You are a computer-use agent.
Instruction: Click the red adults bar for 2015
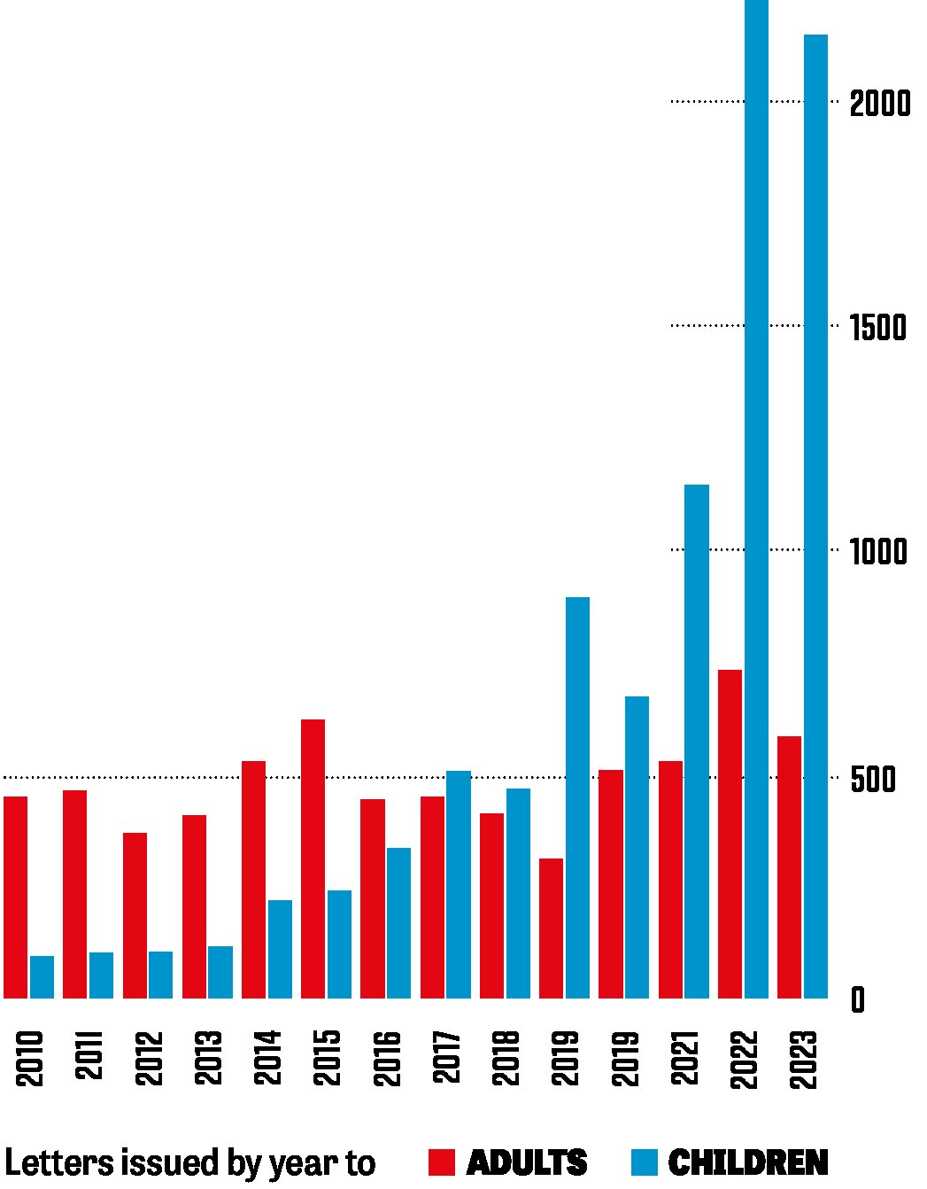coord(313,859)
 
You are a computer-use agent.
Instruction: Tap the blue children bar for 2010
coord(42,976)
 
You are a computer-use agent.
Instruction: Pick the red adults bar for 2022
coord(730,834)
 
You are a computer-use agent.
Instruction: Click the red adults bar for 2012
coord(135,915)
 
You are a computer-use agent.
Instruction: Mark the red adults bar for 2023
coord(789,866)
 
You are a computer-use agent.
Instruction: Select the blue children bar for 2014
coord(280,949)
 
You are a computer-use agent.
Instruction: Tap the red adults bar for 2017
coord(432,897)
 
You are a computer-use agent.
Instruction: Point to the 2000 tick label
coord(879,104)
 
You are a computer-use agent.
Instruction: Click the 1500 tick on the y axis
coord(878,328)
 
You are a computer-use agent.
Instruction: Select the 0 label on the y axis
coord(857,1000)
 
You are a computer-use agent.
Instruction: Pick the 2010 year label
coord(29,1058)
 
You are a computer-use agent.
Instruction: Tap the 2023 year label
coord(803,1058)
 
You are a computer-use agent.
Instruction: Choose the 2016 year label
coord(387,1058)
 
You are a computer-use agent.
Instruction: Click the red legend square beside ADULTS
coord(441,1162)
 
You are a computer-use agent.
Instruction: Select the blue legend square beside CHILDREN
coord(645,1162)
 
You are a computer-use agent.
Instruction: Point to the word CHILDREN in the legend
coord(748,1162)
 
